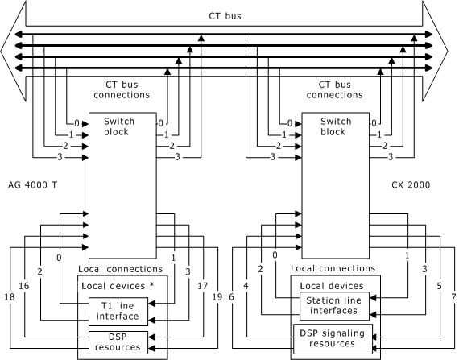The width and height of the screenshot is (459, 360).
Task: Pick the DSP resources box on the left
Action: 118,341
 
